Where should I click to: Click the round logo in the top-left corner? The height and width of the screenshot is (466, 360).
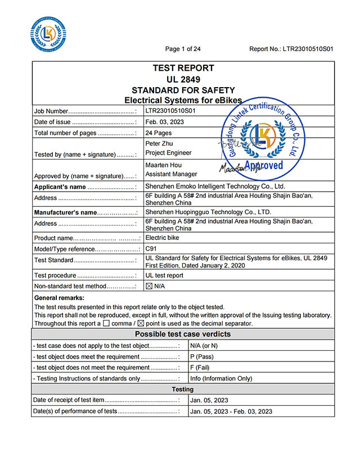click(x=48, y=33)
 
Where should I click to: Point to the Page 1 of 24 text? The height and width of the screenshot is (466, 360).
click(x=183, y=49)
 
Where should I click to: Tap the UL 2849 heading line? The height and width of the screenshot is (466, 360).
click(x=183, y=79)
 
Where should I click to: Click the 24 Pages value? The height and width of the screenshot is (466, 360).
click(x=159, y=133)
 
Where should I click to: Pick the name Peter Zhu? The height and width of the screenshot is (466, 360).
click(x=159, y=143)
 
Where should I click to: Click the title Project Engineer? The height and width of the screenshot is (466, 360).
click(x=168, y=153)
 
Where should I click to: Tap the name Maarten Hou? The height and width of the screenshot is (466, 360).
click(x=163, y=165)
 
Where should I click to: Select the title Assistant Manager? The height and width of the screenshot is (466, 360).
click(x=171, y=175)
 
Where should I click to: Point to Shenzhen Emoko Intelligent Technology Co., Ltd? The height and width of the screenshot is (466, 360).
click(x=215, y=187)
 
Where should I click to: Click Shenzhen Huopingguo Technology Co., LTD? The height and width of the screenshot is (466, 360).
click(x=208, y=212)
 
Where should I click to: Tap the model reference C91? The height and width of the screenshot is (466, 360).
click(x=151, y=248)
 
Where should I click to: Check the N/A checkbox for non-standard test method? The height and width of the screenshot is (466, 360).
click(x=149, y=286)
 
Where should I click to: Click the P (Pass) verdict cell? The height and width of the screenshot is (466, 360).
click(x=202, y=357)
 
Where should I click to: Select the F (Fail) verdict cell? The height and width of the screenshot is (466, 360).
click(x=200, y=368)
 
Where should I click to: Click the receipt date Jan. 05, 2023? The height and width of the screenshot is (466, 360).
click(x=209, y=400)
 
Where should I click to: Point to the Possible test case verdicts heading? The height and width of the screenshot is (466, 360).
click(x=183, y=334)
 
